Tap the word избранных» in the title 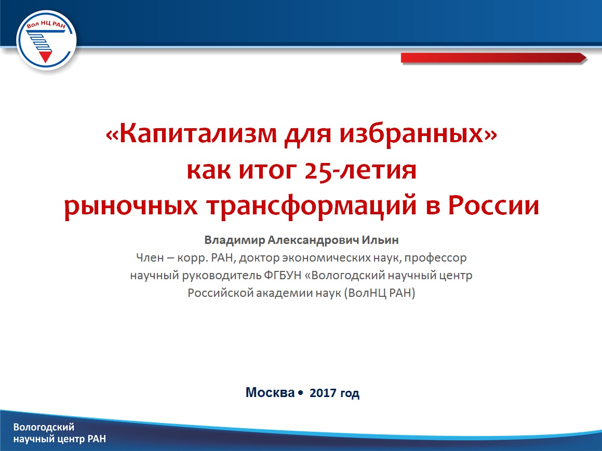coord(418,134)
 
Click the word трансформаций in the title coord(312,207)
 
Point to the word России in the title coord(494,205)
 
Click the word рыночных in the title coord(131,207)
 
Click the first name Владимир coord(235,240)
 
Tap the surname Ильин coord(381,240)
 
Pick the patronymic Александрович coord(314,240)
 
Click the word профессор coord(435,258)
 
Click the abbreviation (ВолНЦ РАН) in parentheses coord(380,293)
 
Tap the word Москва coord(270,392)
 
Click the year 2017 coord(323,393)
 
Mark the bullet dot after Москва coord(300,393)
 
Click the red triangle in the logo coord(46,57)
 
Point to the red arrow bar coord(494,58)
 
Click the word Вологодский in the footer coord(44,427)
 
